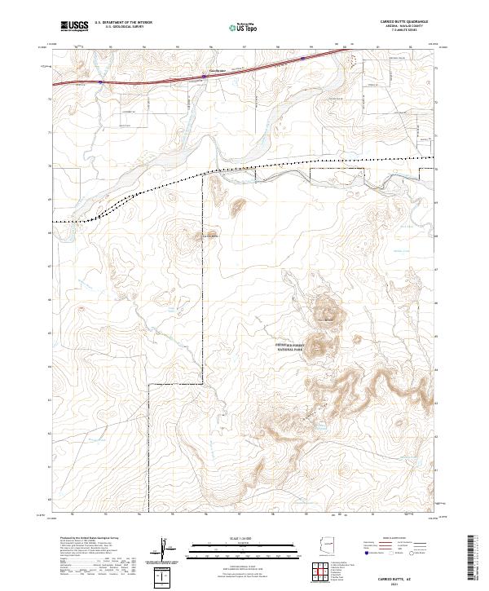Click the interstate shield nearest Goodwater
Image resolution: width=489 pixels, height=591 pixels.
204,78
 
